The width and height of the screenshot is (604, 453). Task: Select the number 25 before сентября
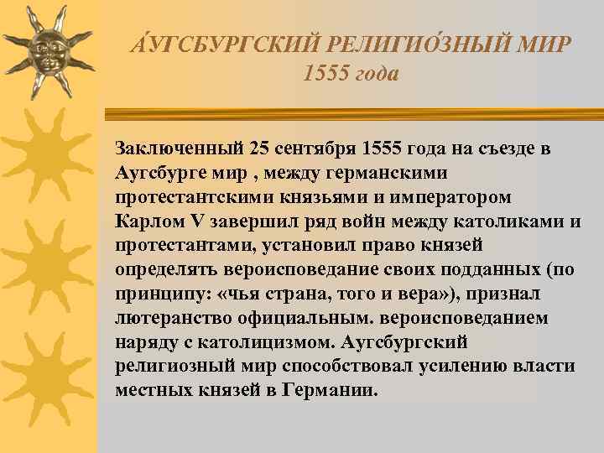tap(259, 148)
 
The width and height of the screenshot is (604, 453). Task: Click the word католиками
tap(511, 221)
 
